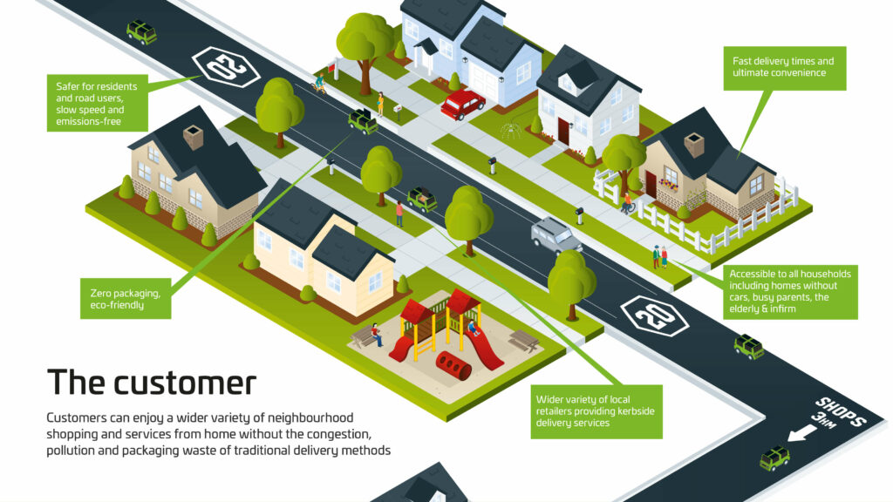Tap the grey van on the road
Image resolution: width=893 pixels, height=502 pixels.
coord(556,234)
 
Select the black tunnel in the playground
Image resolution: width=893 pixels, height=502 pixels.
coord(452,365)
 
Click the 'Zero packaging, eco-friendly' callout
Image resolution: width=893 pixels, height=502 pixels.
coord(125,299)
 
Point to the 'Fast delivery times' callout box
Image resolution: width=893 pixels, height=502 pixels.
coord(788,67)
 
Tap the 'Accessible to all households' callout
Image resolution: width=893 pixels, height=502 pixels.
coord(790,291)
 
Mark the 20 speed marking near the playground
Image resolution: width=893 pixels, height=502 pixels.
coord(655,316)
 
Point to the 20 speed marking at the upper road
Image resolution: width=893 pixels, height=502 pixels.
coord(224,66)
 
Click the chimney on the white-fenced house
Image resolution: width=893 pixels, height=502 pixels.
coord(694,144)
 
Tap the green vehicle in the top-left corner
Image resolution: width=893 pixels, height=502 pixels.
coord(141,32)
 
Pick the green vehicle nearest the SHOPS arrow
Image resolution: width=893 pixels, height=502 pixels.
coord(774,457)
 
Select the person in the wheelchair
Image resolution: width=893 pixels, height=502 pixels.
coord(627,203)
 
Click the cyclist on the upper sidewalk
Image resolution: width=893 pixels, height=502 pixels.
coord(320,84)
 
